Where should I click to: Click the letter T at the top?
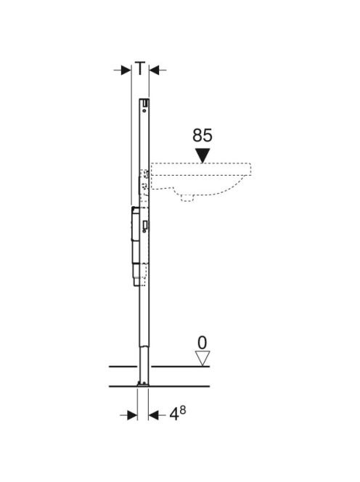click(x=140, y=68)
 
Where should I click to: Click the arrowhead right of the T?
click(x=155, y=70)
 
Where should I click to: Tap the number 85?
click(x=202, y=135)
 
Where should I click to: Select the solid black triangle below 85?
click(x=203, y=155)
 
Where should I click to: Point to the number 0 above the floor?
click(x=202, y=343)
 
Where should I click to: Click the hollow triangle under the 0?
click(x=203, y=358)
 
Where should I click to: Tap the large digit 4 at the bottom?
click(x=174, y=414)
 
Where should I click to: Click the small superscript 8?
click(x=183, y=410)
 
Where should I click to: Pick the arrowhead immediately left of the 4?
click(x=153, y=416)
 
